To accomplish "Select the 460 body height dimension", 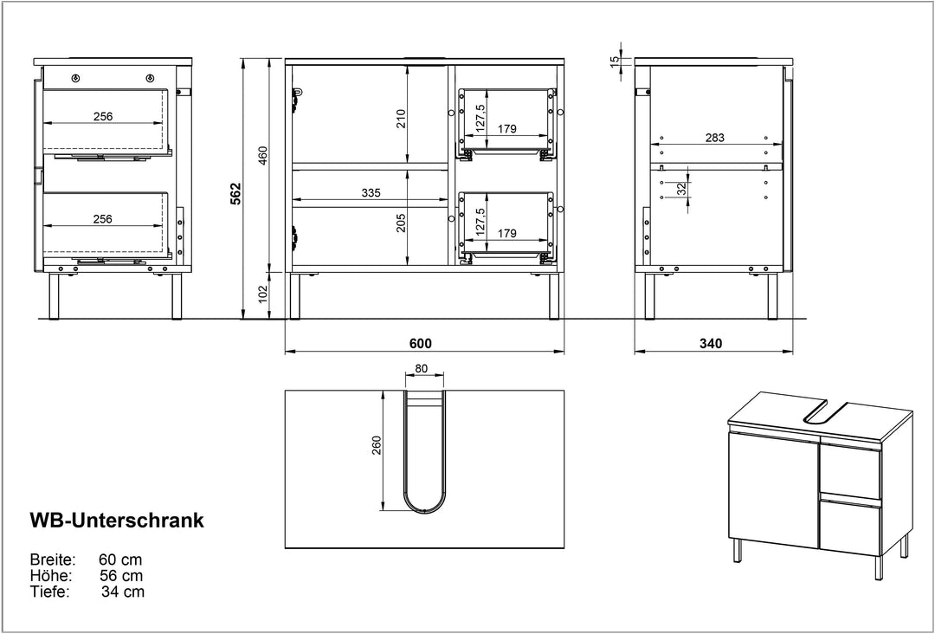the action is click(263, 155).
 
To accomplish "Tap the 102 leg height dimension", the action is click(263, 294).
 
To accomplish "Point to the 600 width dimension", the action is click(421, 344).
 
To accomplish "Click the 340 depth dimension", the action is click(711, 344).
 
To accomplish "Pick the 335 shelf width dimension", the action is click(371, 193).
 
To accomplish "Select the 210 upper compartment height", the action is click(402, 119).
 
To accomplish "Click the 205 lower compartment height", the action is click(402, 223).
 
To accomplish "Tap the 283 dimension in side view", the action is click(714, 138).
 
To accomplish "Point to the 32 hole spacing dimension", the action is click(681, 189).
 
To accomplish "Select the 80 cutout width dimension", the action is click(421, 369).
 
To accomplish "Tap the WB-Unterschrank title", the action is click(117, 520).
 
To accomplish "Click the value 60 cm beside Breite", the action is click(120, 560).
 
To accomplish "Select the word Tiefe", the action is click(50, 592).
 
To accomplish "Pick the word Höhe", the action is click(51, 576).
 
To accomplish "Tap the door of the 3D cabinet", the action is click(773, 488).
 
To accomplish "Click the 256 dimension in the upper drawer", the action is click(102, 116).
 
